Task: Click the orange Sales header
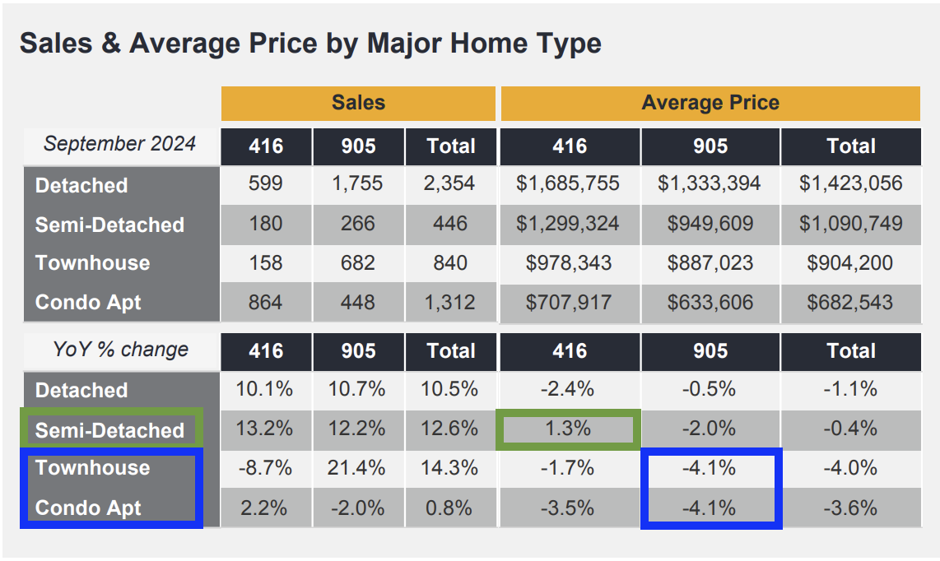(358, 103)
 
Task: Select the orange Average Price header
(710, 103)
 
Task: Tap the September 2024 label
(119, 144)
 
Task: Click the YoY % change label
(120, 350)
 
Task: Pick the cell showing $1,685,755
(568, 183)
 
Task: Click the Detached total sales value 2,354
(450, 183)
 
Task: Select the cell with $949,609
(710, 223)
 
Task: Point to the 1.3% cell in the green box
(568, 429)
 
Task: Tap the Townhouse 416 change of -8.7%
(265, 468)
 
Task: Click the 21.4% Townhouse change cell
(357, 468)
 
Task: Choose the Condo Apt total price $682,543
(850, 302)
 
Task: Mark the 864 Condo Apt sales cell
(265, 302)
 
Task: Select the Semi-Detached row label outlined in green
(109, 430)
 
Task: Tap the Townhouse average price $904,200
(850, 262)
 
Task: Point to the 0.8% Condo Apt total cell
(450, 508)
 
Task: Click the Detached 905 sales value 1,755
(357, 183)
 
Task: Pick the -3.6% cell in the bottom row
(850, 508)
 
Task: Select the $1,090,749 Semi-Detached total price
(850, 223)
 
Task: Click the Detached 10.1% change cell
(265, 389)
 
